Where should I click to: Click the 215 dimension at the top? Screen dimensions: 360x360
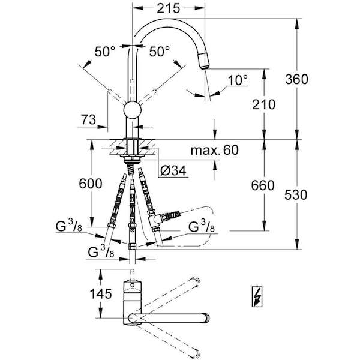(169, 9)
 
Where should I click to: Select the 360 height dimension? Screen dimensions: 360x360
(296, 79)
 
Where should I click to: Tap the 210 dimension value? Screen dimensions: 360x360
(263, 104)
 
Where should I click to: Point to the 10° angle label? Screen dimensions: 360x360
(238, 80)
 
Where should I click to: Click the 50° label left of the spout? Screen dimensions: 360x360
(104, 52)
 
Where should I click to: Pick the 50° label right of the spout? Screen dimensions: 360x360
(160, 52)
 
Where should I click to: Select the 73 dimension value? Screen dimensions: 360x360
(88, 119)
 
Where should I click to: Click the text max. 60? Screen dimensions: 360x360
(215, 150)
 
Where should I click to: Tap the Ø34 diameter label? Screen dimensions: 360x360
(173, 170)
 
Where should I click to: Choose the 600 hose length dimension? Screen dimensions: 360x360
(91, 184)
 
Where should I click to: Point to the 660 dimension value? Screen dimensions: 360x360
(263, 185)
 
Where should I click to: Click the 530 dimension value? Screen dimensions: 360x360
(296, 194)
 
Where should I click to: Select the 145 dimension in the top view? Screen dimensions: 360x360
(101, 293)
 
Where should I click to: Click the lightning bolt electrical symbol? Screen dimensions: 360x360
(257, 296)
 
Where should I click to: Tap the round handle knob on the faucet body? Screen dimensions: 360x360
(132, 110)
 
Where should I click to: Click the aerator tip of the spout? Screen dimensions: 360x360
(204, 61)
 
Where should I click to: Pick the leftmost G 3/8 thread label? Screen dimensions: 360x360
(68, 226)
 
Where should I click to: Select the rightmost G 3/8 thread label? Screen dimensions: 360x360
(202, 226)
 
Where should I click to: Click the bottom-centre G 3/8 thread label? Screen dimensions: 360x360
(101, 251)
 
